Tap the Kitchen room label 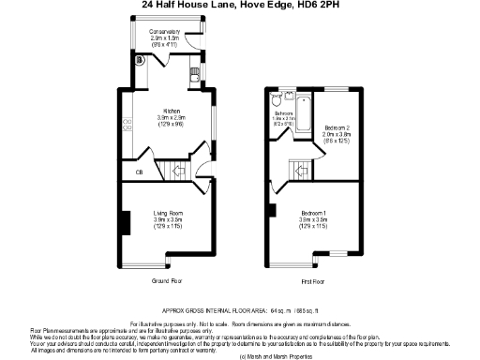171,110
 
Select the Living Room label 168,214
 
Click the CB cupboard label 139,172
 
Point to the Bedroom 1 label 312,214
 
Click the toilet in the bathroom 275,97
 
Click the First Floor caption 312,281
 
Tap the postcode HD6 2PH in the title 320,5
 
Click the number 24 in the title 147,5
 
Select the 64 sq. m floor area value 280,308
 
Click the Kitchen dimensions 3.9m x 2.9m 171,118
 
